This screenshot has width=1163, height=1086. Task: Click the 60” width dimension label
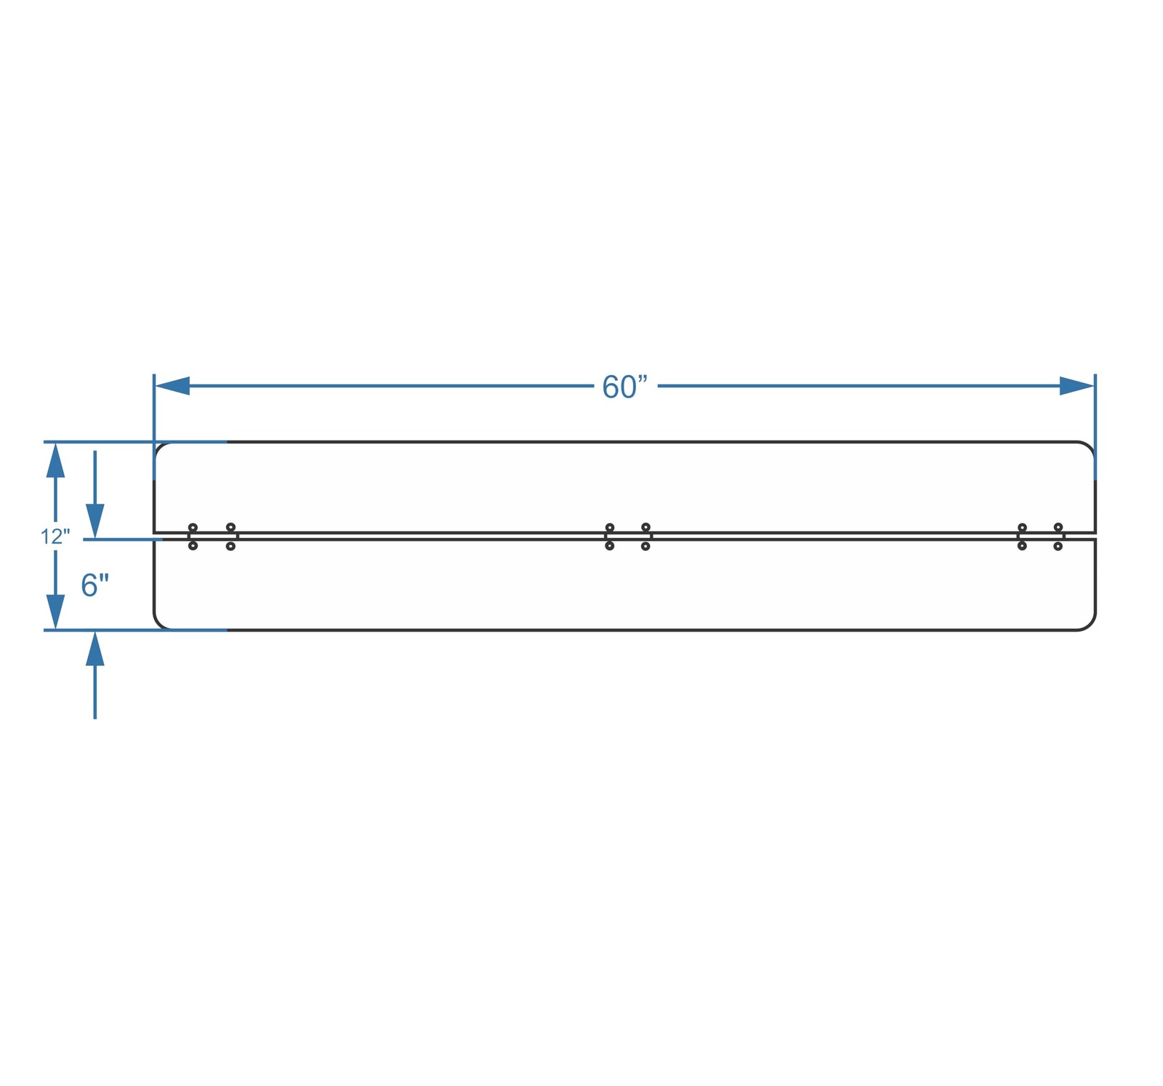(624, 387)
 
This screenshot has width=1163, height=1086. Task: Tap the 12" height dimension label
(55, 537)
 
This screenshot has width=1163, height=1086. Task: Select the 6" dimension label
(95, 585)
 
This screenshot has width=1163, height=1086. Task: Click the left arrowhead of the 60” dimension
(172, 386)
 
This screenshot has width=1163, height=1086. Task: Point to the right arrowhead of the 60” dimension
(1077, 386)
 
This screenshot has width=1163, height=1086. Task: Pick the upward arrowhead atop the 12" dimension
(55, 460)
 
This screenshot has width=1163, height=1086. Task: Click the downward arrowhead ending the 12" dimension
(55, 612)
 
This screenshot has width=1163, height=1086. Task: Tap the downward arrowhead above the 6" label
(95, 521)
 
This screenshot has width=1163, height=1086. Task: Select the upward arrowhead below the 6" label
(95, 648)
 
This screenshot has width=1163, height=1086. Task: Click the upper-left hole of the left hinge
(193, 528)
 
